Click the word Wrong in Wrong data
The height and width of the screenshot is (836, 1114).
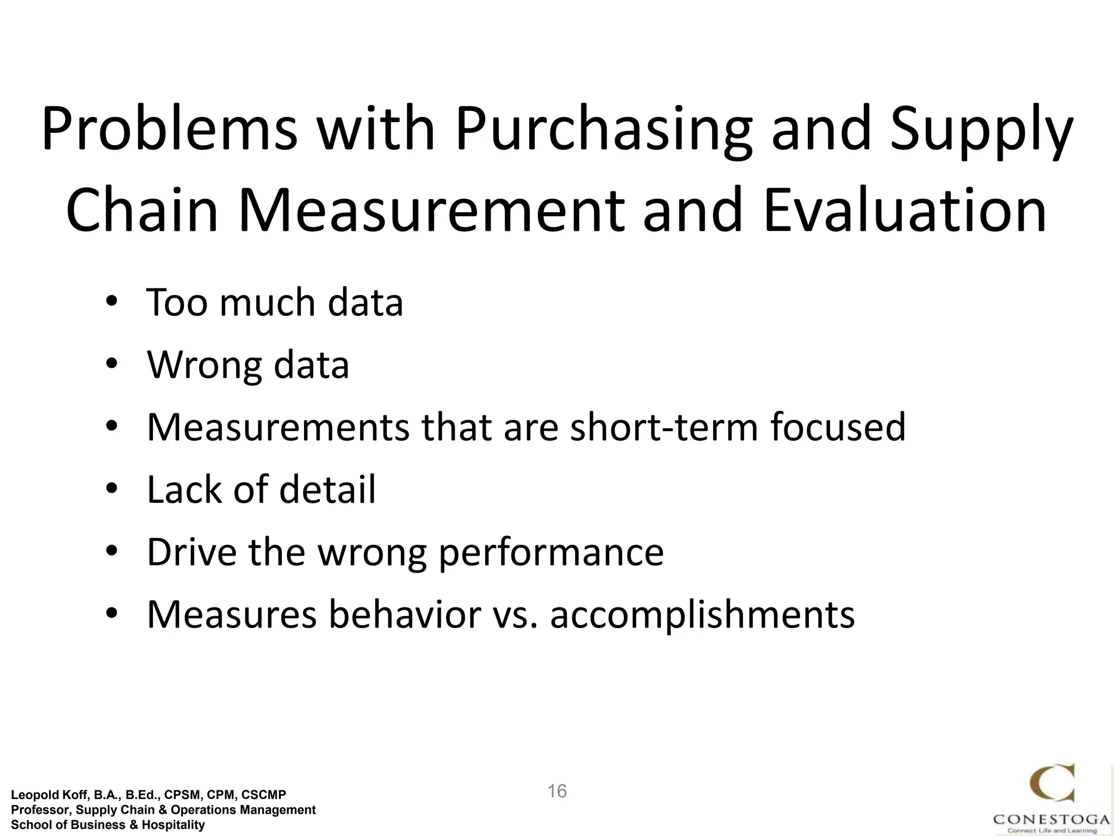(x=204, y=365)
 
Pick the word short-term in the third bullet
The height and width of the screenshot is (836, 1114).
(x=664, y=427)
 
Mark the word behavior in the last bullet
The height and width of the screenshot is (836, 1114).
(x=405, y=614)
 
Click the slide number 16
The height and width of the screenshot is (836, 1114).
(x=557, y=791)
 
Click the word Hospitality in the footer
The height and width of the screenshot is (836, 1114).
(x=174, y=825)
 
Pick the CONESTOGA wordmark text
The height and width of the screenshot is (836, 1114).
(x=1051, y=819)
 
